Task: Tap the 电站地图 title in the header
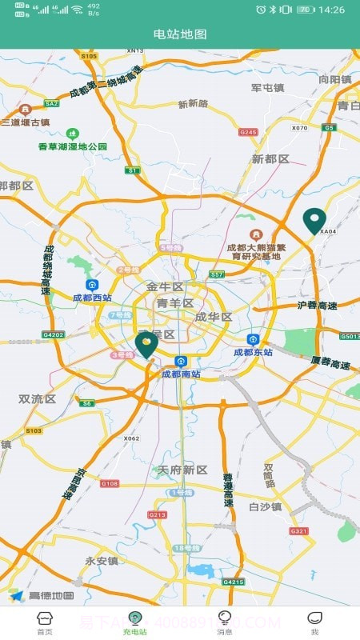(x=180, y=34)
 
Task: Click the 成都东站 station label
(x=253, y=351)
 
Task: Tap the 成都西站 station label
(x=92, y=298)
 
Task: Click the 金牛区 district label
(x=164, y=286)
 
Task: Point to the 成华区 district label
(x=213, y=317)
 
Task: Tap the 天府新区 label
(x=182, y=470)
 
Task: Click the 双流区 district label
(x=37, y=398)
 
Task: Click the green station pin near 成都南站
(x=146, y=345)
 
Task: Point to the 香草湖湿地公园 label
(x=72, y=146)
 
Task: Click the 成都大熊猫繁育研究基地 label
(x=255, y=251)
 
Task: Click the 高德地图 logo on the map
(x=42, y=595)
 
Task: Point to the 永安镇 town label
(x=102, y=561)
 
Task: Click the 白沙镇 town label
(x=265, y=506)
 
